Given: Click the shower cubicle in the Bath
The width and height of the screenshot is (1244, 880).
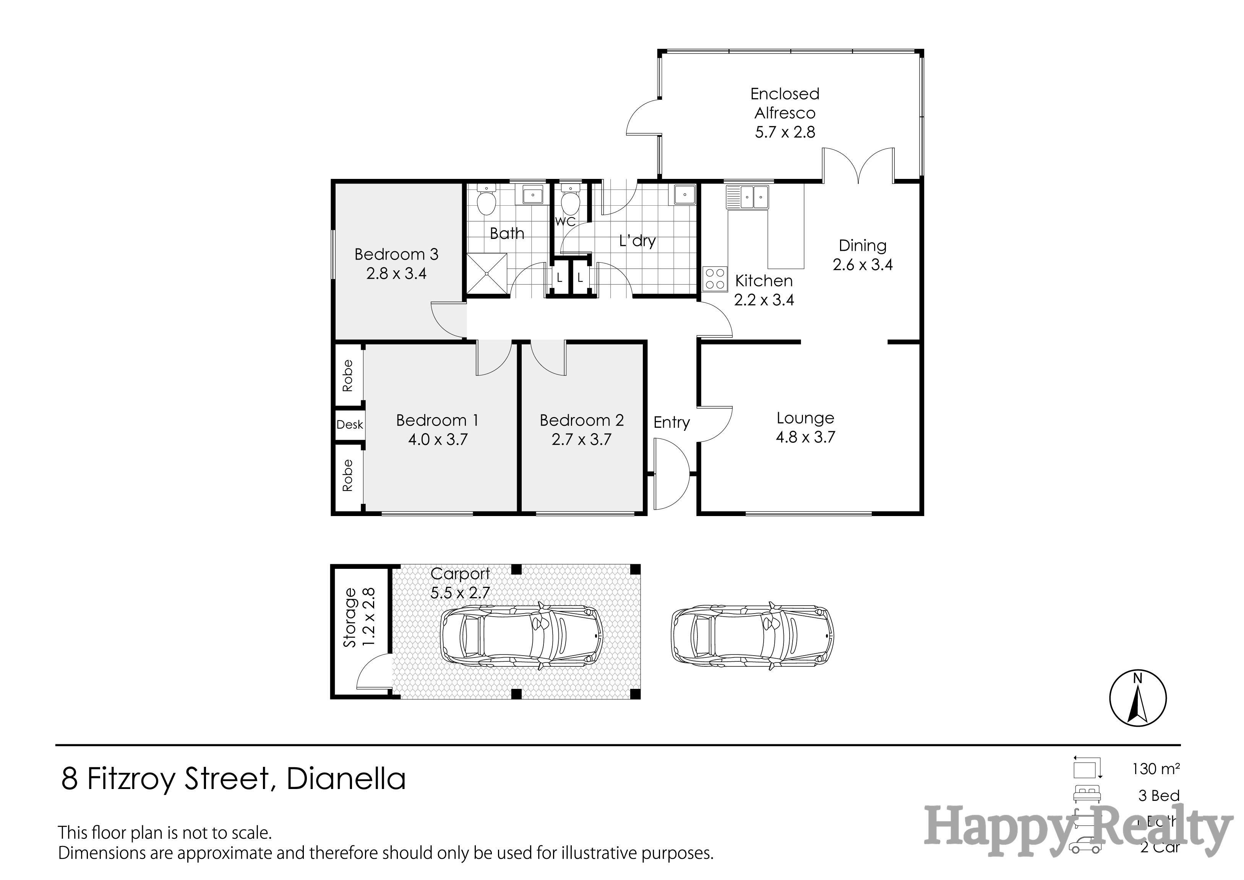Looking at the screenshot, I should pos(487,275).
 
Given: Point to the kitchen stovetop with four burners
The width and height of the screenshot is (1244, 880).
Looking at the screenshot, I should pos(715,279).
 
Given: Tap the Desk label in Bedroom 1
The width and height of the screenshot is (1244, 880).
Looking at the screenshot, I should pos(349,424).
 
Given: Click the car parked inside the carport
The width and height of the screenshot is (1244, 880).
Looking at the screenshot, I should pos(521,635).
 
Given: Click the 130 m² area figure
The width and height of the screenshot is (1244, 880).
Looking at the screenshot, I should pos(1156,768).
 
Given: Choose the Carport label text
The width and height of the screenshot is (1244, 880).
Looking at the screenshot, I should pos(460,573).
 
